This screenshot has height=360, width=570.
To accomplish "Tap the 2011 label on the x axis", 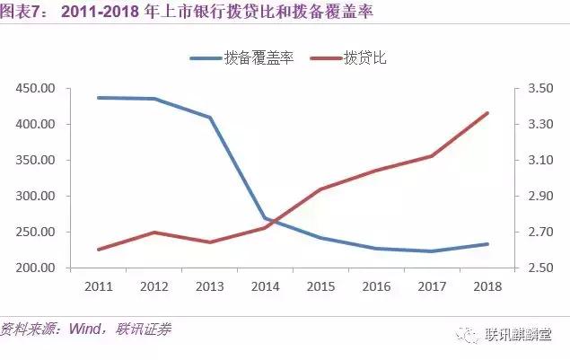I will click(x=98, y=286).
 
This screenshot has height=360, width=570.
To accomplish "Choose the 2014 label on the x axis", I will click(x=265, y=286).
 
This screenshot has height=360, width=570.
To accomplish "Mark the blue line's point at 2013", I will click(x=209, y=118).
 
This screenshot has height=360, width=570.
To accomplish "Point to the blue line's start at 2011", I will click(x=98, y=97).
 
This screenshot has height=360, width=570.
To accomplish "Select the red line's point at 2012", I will click(x=153, y=233).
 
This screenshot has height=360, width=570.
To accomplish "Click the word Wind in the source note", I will click(x=87, y=329).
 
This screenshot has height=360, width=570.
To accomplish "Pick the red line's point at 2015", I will click(x=320, y=189).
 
